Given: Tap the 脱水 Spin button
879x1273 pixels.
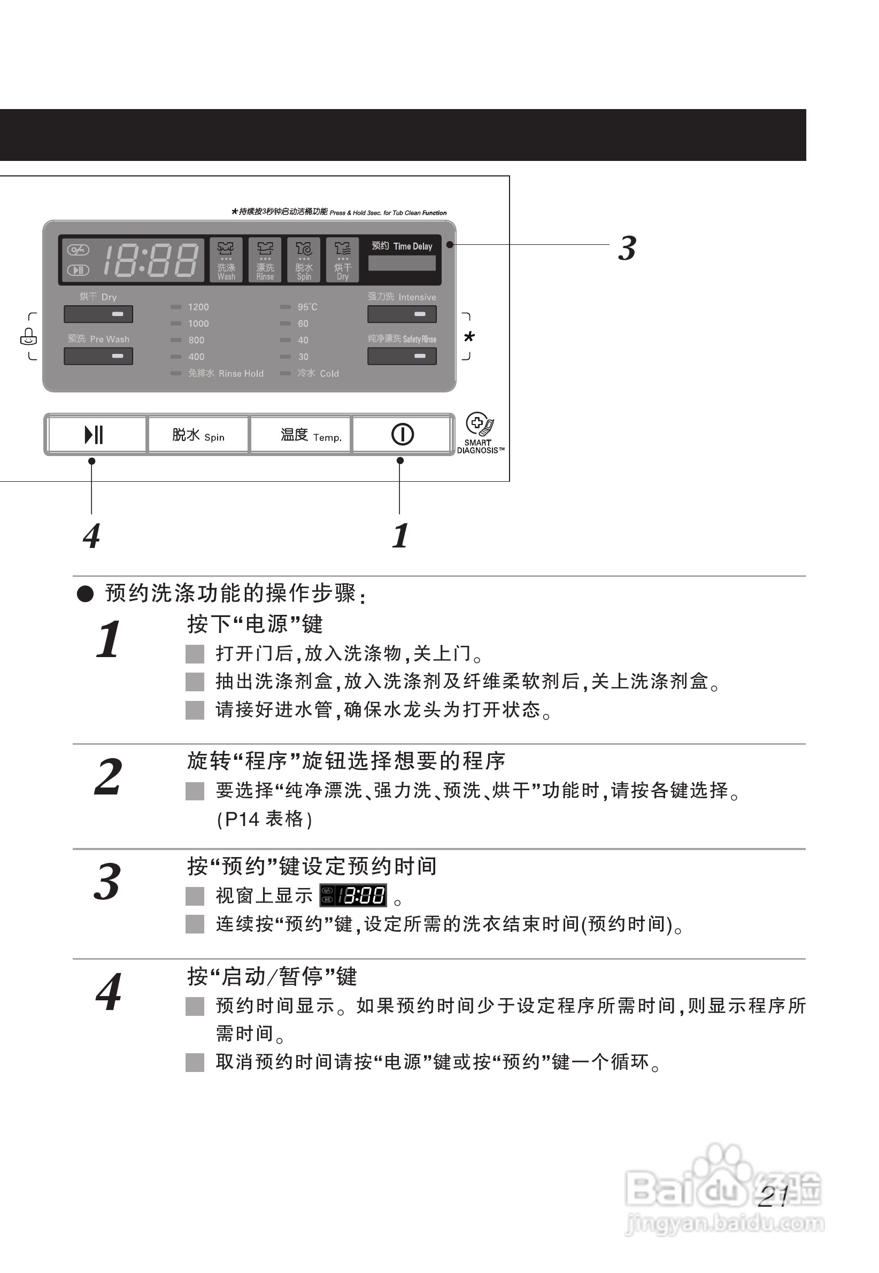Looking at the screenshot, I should point(198,435).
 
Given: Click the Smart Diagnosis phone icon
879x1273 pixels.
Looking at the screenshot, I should point(479,424).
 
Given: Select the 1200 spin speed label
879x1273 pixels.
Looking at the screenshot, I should point(198,307).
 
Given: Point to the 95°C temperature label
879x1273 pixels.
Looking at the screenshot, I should point(307,307).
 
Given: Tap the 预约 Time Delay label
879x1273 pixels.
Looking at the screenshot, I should point(402,246).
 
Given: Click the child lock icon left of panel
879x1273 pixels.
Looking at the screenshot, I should point(28,336).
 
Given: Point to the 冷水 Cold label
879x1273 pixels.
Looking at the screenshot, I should point(318,373).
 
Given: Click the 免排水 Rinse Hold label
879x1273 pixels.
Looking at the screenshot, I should point(225,373).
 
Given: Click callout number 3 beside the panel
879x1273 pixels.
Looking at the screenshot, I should point(627,248).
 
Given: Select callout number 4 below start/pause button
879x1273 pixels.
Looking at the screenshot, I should point(91,536).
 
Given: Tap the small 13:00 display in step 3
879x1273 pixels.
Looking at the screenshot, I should point(353,896).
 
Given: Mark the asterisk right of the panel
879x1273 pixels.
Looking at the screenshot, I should point(469,337).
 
